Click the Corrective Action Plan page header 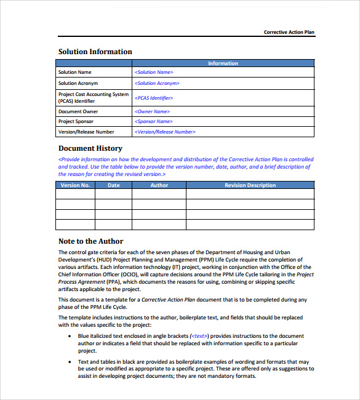coord(289,32)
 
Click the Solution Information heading coord(95,52)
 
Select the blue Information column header coord(223,63)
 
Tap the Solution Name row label coord(75,73)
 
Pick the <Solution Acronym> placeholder coord(157,83)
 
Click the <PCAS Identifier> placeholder coord(154,98)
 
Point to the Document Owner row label coord(78,111)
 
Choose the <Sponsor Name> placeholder coord(154,122)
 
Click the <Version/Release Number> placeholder coord(165,132)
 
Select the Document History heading coord(90,148)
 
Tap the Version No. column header coord(75,185)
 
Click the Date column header coord(114,185)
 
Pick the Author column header coord(159,185)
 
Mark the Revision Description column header coord(250,185)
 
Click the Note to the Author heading coord(91,241)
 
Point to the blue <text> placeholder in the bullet coord(199,336)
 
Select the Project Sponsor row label coord(76,122)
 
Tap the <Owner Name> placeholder coord(152,111)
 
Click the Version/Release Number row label coord(86,132)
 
